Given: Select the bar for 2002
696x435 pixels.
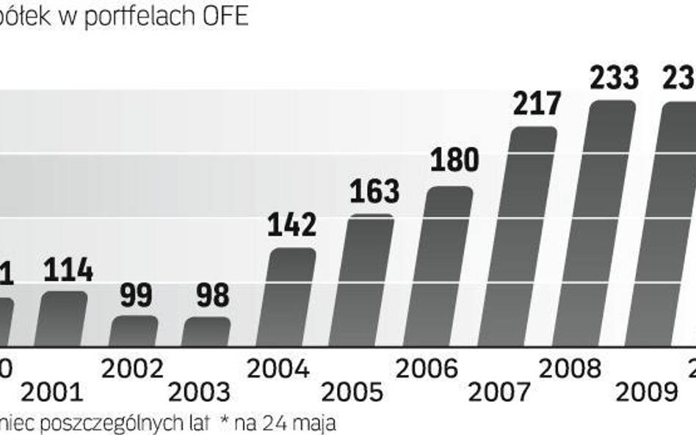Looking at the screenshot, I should click(x=134, y=331).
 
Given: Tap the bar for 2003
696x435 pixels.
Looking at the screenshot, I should click(x=207, y=332).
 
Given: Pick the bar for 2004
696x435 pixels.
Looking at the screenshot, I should click(x=291, y=296).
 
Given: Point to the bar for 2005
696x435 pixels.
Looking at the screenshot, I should click(x=369, y=280).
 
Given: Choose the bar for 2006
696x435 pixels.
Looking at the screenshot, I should click(x=448, y=266).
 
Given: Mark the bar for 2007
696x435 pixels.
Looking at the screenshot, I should click(x=531, y=236).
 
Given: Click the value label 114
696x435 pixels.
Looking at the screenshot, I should click(x=68, y=271).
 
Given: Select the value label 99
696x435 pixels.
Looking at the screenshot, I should click(x=136, y=296).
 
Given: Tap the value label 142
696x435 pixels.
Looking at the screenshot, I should click(x=293, y=225).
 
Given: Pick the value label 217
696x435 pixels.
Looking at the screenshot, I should click(x=536, y=104).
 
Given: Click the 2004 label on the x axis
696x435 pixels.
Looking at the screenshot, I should click(x=278, y=368).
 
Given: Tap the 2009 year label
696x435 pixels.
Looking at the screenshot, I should click(x=647, y=393).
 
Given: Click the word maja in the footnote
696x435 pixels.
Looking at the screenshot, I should click(x=321, y=423).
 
